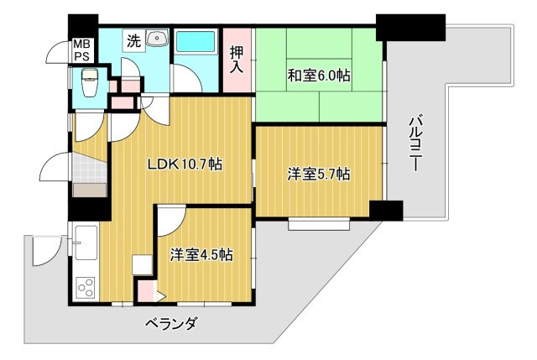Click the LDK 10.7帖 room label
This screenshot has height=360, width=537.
point(185,164)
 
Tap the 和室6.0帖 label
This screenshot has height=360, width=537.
point(319,76)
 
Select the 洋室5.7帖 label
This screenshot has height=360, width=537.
point(319,175)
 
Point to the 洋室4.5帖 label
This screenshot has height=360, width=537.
point(201,254)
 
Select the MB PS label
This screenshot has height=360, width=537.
point(81,50)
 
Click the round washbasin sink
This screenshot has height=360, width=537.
point(156,38)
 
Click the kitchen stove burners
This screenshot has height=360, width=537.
point(86,288)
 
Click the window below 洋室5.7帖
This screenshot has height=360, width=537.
point(313,224)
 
